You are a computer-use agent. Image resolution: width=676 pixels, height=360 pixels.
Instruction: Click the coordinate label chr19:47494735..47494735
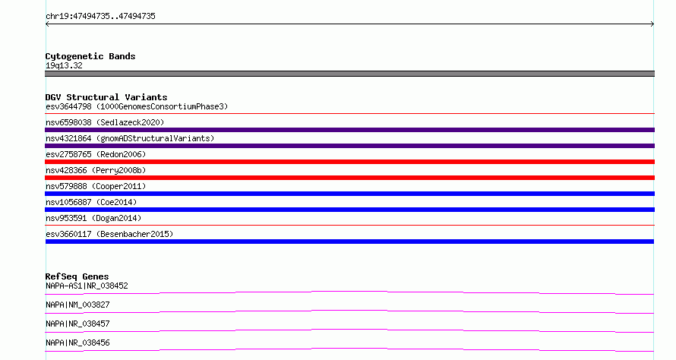point(100,17)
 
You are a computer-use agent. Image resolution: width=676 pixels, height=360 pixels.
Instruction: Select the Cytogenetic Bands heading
point(90,56)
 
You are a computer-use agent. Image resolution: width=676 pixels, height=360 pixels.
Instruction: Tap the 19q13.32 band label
point(64,65)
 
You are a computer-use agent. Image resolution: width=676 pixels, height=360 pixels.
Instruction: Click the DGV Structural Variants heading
point(106,97)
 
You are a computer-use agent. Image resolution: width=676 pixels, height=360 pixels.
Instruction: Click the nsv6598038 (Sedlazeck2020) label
point(105,122)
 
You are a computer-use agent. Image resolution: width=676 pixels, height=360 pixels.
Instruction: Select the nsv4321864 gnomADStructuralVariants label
point(130,138)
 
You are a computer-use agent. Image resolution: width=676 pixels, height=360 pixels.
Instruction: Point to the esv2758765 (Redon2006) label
point(96,154)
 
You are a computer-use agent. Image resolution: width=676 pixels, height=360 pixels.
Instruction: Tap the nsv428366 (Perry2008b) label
point(96,170)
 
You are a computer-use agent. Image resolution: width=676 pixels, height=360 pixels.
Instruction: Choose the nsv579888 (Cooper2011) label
point(96,186)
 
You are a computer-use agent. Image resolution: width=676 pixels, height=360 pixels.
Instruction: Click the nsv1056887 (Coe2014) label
point(91,202)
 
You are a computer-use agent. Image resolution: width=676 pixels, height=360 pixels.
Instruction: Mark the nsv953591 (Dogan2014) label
point(93,218)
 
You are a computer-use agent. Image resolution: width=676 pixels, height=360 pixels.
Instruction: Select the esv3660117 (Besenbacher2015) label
point(109,234)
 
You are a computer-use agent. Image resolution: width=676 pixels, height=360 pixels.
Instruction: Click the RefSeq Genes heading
point(77,276)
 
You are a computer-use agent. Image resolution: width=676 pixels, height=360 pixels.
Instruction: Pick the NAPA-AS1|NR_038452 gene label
point(87,286)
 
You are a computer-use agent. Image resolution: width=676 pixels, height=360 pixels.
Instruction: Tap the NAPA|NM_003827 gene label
point(77,305)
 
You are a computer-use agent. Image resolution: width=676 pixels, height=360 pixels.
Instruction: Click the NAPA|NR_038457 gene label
point(77,324)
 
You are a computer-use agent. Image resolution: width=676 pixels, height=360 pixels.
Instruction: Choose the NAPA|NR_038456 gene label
point(77,343)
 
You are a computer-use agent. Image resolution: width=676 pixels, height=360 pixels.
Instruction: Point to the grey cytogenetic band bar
point(349,74)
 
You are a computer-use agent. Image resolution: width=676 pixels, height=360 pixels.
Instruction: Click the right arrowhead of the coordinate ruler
point(652,24)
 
